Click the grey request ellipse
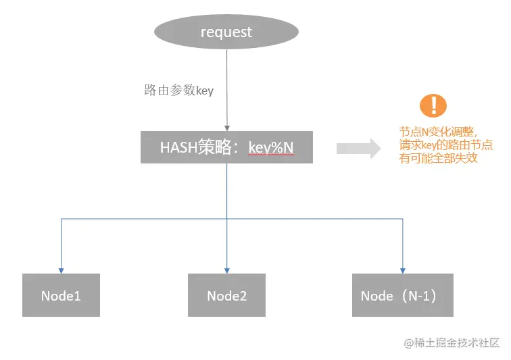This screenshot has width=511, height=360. point(226,32)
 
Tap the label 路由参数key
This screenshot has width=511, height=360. point(178,90)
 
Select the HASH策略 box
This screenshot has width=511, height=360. point(226,147)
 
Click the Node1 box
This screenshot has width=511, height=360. point(61,295)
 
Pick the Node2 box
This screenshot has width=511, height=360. point(226,295)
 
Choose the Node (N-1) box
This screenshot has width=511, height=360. point(403,295)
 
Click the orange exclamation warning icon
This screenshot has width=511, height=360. point(433,106)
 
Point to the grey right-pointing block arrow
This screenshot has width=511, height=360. point(359,148)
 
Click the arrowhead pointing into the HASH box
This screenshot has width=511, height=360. point(226,127)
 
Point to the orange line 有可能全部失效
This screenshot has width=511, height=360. point(439,159)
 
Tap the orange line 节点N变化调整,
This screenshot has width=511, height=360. point(439,132)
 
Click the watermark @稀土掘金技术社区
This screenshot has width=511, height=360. point(452,343)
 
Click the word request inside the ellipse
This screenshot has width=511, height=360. point(226,32)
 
